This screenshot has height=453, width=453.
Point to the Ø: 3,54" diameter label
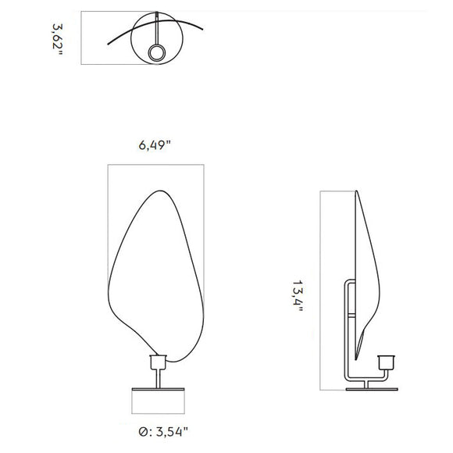(x=159, y=430)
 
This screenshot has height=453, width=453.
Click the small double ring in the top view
(x=156, y=53)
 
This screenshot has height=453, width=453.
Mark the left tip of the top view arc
(x=106, y=44)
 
